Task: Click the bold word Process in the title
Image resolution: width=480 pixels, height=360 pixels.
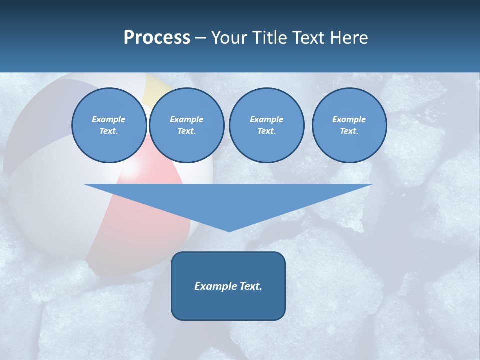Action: tap(157, 38)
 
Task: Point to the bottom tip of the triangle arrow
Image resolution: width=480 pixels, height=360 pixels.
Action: tap(229, 231)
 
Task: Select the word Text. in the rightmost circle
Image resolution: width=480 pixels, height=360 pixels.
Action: tap(349, 131)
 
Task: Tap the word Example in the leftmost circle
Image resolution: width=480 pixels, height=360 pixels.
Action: tap(109, 119)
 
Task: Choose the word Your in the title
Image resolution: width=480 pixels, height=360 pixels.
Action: tap(230, 38)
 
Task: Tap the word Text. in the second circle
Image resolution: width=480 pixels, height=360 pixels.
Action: tap(186, 131)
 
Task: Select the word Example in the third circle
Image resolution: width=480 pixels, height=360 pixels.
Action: tap(266, 119)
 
